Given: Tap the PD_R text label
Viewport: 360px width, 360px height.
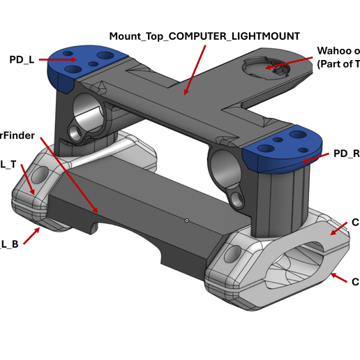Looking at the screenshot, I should click(345, 153).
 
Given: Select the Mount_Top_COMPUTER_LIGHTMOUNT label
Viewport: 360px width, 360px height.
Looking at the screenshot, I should click(204, 35).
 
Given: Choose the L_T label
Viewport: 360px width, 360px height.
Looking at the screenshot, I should click(8, 164).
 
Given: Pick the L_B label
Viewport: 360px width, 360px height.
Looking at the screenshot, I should click(8, 243).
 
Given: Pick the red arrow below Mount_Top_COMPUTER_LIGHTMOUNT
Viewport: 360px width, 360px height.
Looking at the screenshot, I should click(195, 69).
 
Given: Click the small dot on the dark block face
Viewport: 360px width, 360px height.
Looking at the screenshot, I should click(187, 220).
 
